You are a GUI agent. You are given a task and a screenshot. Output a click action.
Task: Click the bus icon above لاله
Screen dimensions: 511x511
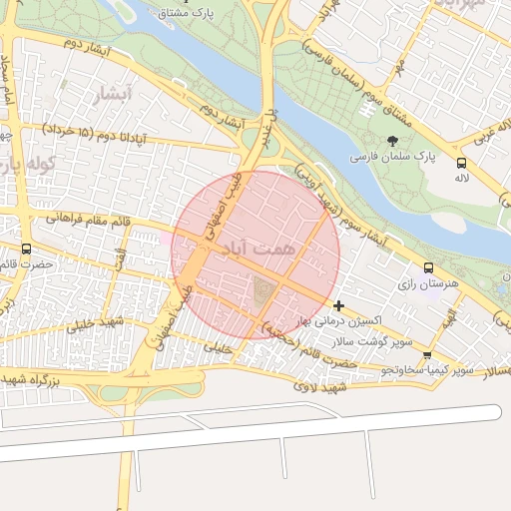coord(460,163)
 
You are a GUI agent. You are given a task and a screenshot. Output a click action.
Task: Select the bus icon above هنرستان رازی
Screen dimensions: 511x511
coord(428,267)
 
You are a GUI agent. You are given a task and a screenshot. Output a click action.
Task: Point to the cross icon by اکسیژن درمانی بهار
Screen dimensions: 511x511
coord(339,305)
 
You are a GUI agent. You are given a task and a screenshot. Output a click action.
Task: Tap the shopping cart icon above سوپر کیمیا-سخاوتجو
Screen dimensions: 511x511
coord(427,354)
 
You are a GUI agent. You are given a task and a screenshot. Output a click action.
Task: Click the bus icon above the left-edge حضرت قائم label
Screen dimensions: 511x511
coord(26,250)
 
